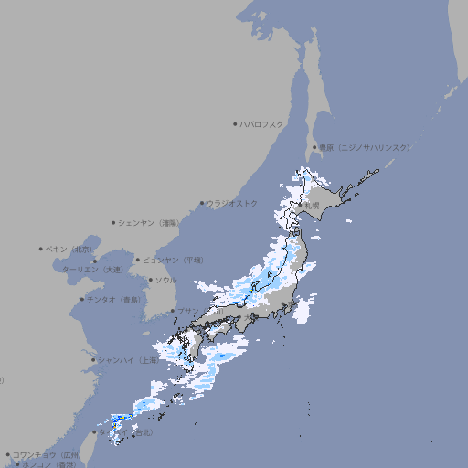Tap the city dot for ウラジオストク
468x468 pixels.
pyautogui.click(x=203, y=204)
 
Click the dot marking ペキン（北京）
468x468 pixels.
pyautogui.click(x=41, y=249)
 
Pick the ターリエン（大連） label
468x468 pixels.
pyautogui.click(x=91, y=271)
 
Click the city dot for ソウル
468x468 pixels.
pyautogui.click(x=150, y=280)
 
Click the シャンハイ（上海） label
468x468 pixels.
pyautogui.click(x=128, y=360)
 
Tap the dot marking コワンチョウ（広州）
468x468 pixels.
pyautogui.click(x=7, y=454)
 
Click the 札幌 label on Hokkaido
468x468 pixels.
pyautogui.click(x=313, y=206)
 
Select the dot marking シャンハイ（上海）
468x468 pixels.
pyautogui.click(x=93, y=360)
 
